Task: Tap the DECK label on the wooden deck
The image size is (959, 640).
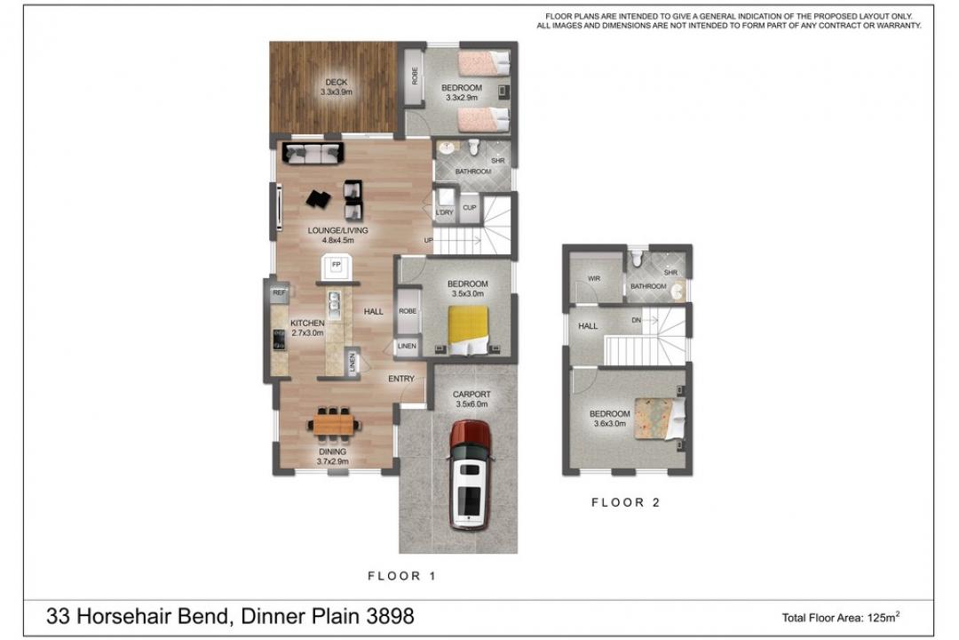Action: click(337, 82)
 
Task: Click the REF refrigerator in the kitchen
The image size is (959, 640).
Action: click(279, 292)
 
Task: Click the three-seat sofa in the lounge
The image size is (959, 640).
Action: click(312, 153)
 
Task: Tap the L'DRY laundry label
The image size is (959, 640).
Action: click(445, 212)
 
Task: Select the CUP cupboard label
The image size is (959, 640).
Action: click(469, 208)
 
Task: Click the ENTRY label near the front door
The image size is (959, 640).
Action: click(401, 379)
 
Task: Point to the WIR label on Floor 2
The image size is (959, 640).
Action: click(594, 278)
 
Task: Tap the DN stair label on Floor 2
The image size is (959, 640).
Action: click(636, 320)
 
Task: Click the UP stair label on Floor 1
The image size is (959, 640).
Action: click(429, 241)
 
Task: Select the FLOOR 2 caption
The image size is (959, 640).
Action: click(626, 503)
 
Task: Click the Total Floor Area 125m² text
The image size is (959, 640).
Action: click(841, 618)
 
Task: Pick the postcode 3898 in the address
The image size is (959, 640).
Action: click(390, 616)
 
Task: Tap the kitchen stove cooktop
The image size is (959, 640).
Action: click(279, 340)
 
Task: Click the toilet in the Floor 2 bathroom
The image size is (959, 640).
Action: click(637, 260)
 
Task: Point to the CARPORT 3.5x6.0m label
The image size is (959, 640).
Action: click(472, 399)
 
